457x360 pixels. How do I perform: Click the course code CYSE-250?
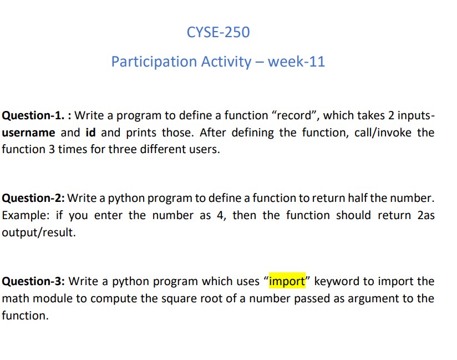tap(219, 33)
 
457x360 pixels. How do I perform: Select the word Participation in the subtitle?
tap(146, 62)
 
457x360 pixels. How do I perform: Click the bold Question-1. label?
tap(35, 116)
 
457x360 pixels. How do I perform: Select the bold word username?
tap(28, 133)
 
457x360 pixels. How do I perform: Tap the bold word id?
tap(91, 133)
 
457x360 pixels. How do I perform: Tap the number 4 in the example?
tap(220, 215)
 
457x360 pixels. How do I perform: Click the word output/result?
tap(37, 232)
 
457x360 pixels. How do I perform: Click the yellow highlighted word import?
tap(287, 281)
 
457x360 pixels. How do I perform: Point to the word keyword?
tap(337, 281)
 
